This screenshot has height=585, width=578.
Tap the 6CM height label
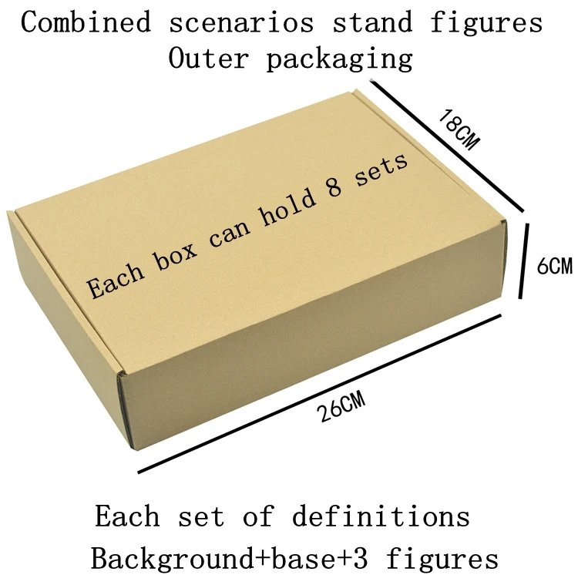click(x=554, y=267)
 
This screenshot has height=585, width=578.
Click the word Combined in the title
click(x=86, y=23)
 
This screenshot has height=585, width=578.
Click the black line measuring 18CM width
click(x=447, y=146)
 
